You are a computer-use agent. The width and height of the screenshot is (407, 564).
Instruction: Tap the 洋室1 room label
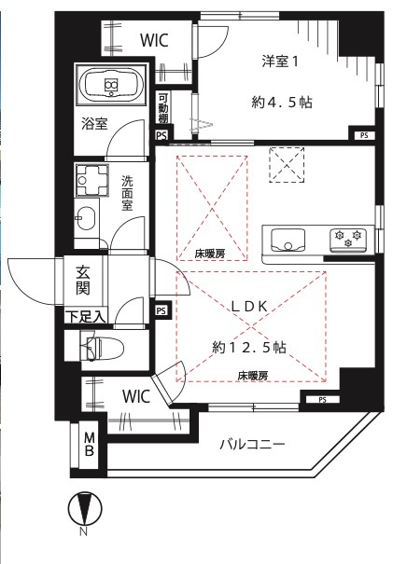279,62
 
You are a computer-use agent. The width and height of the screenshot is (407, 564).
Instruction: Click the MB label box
91,445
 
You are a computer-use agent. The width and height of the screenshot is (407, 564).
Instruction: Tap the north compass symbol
84,510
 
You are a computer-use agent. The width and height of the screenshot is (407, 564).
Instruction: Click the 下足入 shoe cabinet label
85,317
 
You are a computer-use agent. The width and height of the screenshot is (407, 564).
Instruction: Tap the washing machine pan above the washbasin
92,179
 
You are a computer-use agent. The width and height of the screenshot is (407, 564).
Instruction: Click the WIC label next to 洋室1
154,40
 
